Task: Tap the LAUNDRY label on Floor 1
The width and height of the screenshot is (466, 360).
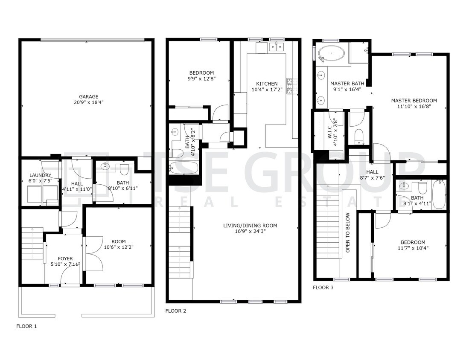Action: (40, 175)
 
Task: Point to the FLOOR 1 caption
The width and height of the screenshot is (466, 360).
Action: (26, 326)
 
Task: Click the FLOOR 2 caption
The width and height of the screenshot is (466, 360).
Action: (175, 311)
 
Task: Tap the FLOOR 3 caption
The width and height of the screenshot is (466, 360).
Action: (323, 287)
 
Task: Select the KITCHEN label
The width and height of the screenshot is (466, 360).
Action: (267, 84)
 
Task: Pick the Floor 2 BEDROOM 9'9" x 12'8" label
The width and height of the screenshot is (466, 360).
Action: (201, 73)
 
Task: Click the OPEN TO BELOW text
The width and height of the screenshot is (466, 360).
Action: (348, 232)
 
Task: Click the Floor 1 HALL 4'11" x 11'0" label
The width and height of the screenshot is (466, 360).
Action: (77, 183)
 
